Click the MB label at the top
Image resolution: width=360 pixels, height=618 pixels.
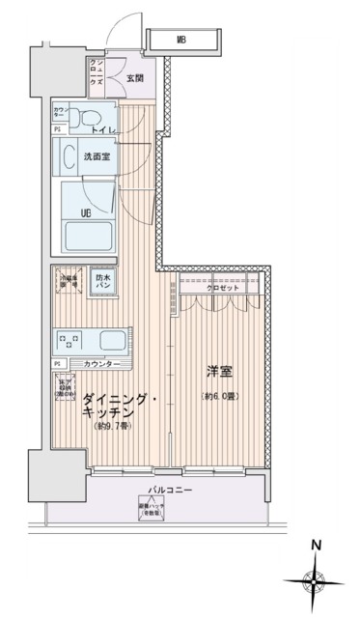click(x=181, y=40)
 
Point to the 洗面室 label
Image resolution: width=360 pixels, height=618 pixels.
click(x=93, y=157)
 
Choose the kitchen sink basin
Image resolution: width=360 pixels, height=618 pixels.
click(x=109, y=340)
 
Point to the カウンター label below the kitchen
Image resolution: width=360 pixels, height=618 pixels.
click(x=101, y=364)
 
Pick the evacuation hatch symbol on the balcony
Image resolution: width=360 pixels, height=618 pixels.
click(x=150, y=510)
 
